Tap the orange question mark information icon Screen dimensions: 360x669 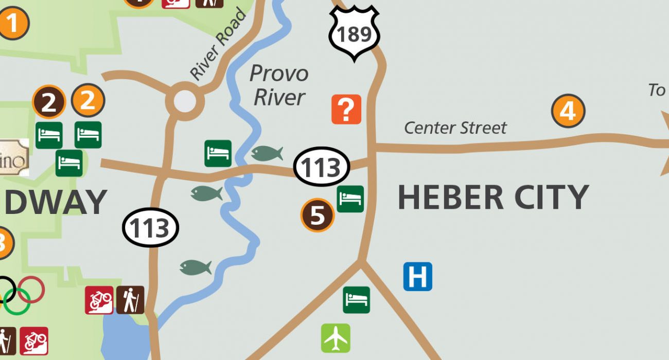tap(346, 109)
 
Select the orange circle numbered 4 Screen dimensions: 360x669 tap(568, 111)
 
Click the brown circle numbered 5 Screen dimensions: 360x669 tap(318, 215)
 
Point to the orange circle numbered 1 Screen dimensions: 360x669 tap(13, 23)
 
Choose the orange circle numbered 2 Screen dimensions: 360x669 tap(88, 100)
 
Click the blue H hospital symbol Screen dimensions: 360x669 tap(417, 277)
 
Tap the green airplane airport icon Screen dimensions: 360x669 tap(336, 338)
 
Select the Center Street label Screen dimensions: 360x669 tap(455, 128)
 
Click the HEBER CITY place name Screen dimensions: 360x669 tap(493, 197)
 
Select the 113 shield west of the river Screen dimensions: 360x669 tap(150, 228)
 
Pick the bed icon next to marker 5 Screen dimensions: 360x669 tap(350, 199)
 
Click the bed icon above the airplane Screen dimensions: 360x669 tap(356, 299)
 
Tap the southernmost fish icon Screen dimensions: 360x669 tap(196, 267)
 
